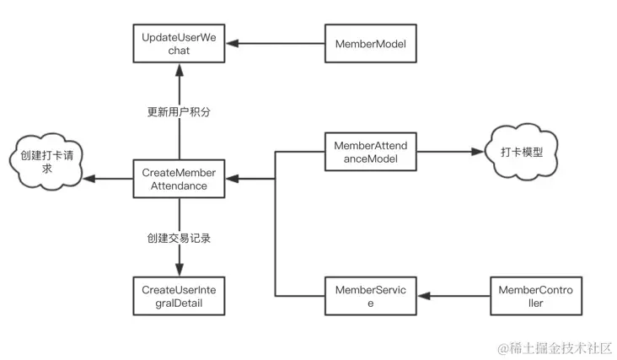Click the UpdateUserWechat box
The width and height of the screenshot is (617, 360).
pyautogui.click(x=179, y=43)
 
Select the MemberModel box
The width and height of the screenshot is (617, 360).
pyautogui.click(x=371, y=43)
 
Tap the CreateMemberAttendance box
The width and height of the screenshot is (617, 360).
pyautogui.click(x=179, y=179)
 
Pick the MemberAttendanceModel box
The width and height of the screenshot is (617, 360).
pyautogui.click(x=371, y=152)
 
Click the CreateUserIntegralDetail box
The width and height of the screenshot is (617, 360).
pyautogui.click(x=179, y=296)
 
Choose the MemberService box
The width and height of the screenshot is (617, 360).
pyautogui.click(x=371, y=296)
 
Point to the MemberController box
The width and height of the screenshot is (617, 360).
pyautogui.click(x=536, y=296)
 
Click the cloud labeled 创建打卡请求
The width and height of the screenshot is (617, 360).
pyautogui.click(x=46, y=162)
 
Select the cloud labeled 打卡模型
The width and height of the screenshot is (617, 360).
pyautogui.click(x=522, y=152)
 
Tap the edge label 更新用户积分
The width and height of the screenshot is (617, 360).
pyautogui.click(x=179, y=112)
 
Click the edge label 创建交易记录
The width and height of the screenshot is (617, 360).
pyautogui.click(x=179, y=238)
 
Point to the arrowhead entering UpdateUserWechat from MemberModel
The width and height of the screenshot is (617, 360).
pyautogui.click(x=232, y=43)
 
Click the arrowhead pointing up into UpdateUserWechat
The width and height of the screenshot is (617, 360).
pyautogui.click(x=180, y=70)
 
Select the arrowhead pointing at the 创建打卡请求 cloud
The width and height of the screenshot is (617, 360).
pyautogui.click(x=89, y=179)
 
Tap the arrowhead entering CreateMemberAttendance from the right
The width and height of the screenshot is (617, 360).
pyautogui.click(x=232, y=179)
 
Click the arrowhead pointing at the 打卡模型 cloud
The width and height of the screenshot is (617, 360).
pyautogui.click(x=477, y=152)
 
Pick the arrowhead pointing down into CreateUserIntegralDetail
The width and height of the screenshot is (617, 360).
pyautogui.click(x=180, y=270)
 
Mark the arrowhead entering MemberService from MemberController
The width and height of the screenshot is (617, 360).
pyautogui.click(x=424, y=296)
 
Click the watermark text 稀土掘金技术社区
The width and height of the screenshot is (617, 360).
pyautogui.click(x=561, y=348)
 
